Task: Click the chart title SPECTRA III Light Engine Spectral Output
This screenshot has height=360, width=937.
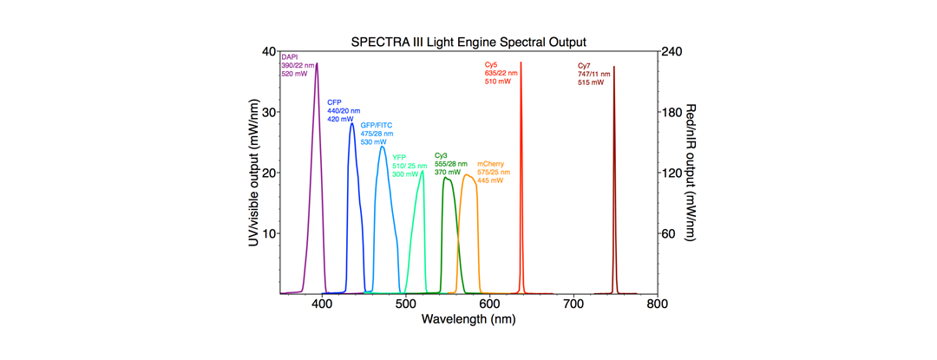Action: point(468,42)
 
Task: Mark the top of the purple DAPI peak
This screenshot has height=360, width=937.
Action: point(317,63)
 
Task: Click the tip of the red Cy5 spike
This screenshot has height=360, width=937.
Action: point(521,62)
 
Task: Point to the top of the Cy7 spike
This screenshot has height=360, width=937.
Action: point(614,67)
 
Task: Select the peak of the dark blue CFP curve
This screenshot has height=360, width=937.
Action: point(351,123)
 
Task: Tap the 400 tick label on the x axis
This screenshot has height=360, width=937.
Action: point(322,304)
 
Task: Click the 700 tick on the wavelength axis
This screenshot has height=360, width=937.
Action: point(573,304)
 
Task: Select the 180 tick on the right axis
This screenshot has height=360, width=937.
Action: point(672,112)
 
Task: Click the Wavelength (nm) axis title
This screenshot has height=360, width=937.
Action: point(468,319)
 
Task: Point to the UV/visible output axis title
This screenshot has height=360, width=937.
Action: point(253,173)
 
